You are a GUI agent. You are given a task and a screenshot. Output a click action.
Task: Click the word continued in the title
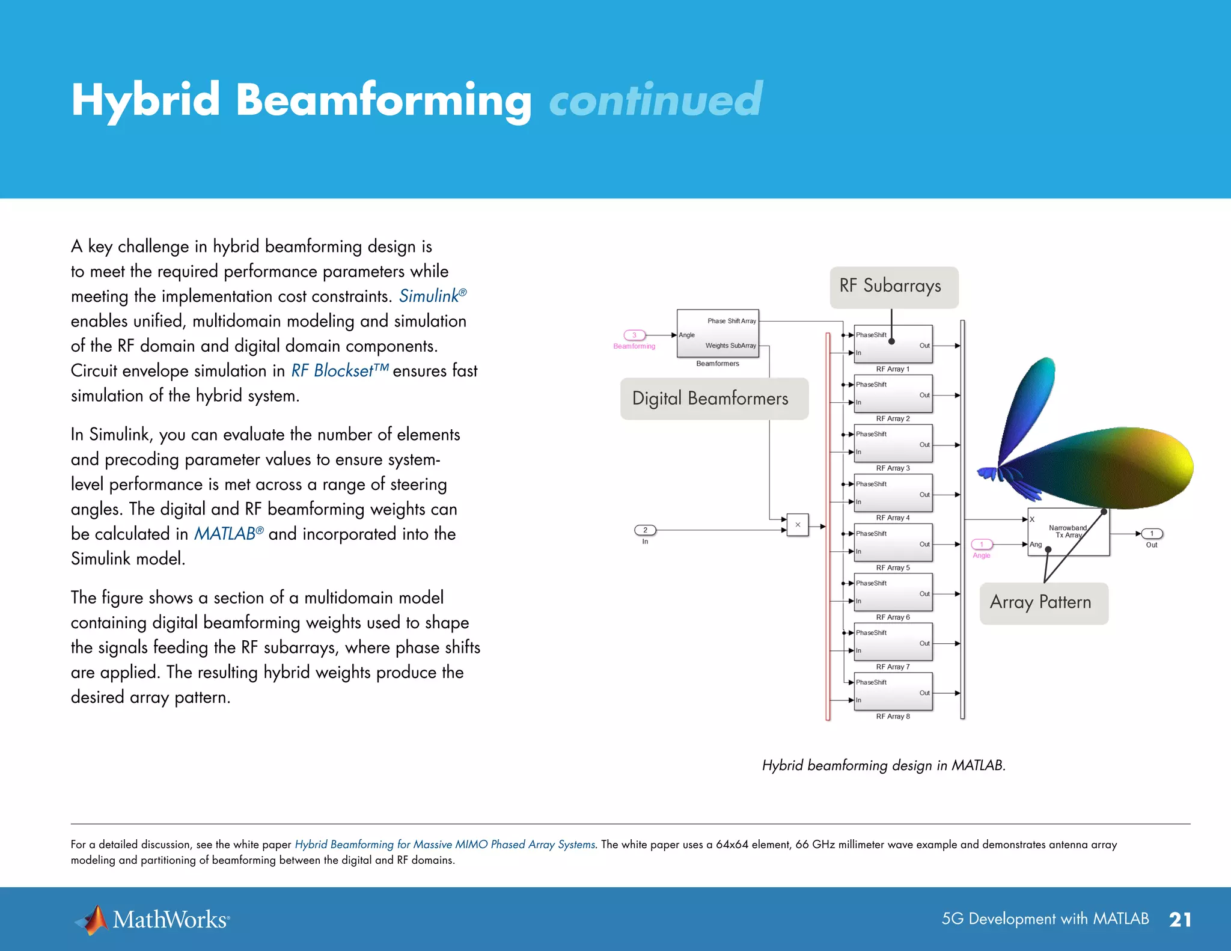(x=655, y=100)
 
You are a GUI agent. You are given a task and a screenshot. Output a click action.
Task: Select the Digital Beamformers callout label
(x=713, y=399)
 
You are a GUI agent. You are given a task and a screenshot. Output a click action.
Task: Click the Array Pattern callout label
(x=1043, y=603)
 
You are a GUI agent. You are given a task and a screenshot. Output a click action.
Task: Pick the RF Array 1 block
(x=893, y=344)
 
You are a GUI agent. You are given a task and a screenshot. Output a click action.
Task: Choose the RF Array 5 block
(x=893, y=543)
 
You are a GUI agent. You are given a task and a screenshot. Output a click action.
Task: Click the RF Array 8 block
(x=893, y=691)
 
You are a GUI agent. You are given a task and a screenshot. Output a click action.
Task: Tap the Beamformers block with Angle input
(x=718, y=334)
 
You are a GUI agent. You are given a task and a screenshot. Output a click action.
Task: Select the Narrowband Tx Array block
(x=1068, y=532)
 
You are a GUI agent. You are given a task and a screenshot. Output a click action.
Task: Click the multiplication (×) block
(x=798, y=525)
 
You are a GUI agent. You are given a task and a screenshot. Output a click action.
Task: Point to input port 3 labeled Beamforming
(x=634, y=335)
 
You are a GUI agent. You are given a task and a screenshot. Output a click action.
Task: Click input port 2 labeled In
(x=645, y=530)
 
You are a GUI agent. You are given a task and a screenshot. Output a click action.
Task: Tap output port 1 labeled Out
(x=1152, y=534)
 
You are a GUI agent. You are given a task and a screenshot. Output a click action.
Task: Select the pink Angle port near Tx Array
(x=982, y=545)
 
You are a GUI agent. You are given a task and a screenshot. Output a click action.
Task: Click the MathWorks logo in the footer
(x=152, y=919)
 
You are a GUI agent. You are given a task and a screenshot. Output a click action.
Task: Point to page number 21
(x=1180, y=919)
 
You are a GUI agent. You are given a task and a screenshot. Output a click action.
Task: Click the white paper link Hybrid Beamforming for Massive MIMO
(x=445, y=845)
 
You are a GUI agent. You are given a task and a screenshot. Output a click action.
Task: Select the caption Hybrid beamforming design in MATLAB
(x=884, y=765)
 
